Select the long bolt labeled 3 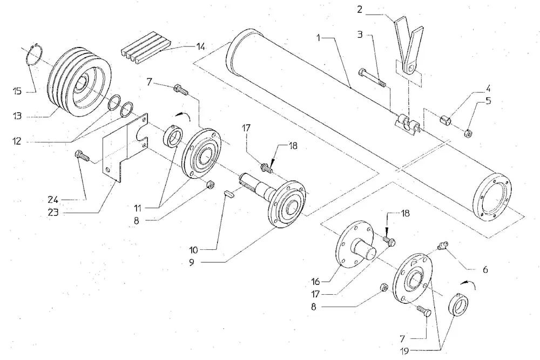(372, 78)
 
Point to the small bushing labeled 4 (446, 120)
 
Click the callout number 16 (316, 282)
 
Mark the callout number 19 (405, 351)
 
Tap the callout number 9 (192, 262)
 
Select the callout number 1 (319, 38)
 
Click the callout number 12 (17, 141)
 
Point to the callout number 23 (53, 212)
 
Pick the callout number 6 (485, 269)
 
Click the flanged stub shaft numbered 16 (355, 243)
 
